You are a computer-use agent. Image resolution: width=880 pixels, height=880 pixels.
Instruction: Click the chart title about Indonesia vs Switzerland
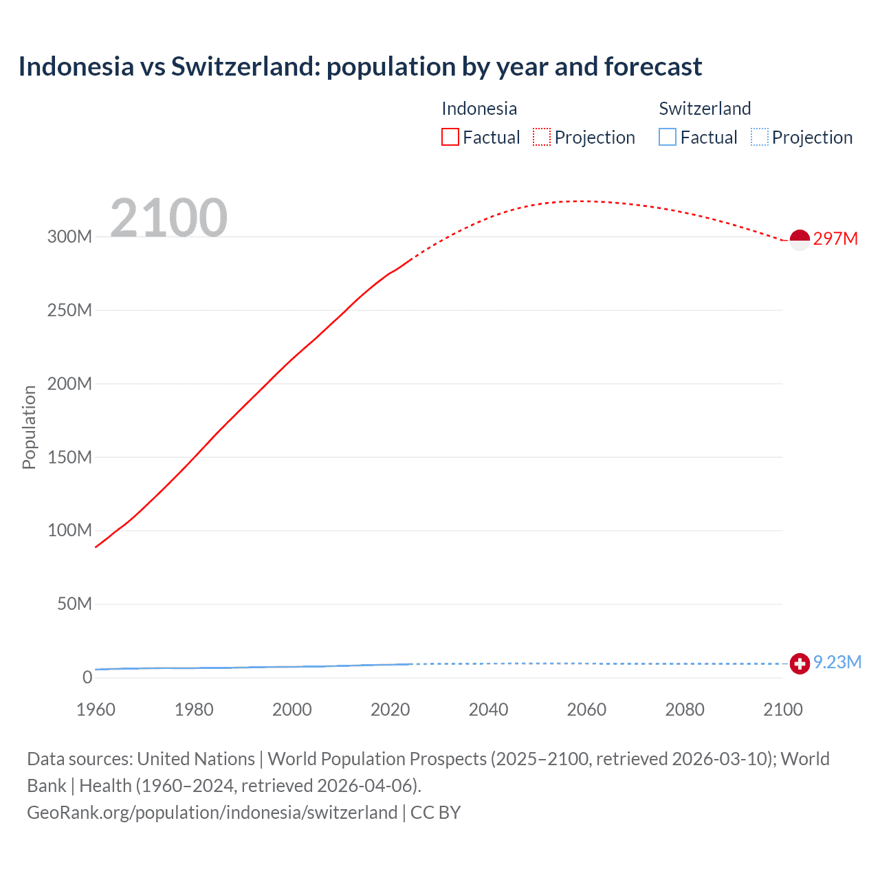(360, 67)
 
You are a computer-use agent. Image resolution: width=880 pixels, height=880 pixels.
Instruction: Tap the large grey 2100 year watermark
(168, 217)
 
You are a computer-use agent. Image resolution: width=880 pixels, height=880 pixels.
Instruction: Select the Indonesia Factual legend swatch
(450, 137)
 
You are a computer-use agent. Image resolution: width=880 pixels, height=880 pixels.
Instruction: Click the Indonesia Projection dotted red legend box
(542, 137)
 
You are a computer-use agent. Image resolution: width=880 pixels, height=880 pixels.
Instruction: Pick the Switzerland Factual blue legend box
(668, 137)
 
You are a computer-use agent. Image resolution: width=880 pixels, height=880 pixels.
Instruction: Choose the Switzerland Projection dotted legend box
(760, 137)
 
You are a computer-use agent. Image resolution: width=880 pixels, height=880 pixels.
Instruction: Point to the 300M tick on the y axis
(69, 236)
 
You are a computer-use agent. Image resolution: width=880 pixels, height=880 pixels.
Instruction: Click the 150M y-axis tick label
(69, 457)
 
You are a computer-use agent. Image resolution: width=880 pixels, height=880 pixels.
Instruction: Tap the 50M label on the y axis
(74, 604)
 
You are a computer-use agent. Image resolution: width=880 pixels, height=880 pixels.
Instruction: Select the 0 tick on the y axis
(87, 677)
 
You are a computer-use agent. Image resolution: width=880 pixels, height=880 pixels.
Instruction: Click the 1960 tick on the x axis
(96, 709)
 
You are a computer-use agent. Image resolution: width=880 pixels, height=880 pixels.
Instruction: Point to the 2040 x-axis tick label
(488, 709)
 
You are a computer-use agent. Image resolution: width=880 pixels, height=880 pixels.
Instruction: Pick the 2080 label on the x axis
(685, 709)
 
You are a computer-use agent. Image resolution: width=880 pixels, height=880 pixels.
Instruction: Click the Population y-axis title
(29, 427)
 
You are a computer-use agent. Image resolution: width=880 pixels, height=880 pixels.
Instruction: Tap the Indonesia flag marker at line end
(800, 240)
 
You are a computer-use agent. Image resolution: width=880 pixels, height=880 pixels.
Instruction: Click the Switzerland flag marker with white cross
(800, 663)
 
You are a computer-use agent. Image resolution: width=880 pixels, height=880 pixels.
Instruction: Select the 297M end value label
(835, 239)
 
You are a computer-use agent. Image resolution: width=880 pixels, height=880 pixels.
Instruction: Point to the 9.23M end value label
(837, 662)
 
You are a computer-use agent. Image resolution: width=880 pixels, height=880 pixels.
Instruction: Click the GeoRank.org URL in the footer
(212, 813)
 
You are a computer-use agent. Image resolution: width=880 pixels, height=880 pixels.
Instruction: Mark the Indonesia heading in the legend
(479, 109)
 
